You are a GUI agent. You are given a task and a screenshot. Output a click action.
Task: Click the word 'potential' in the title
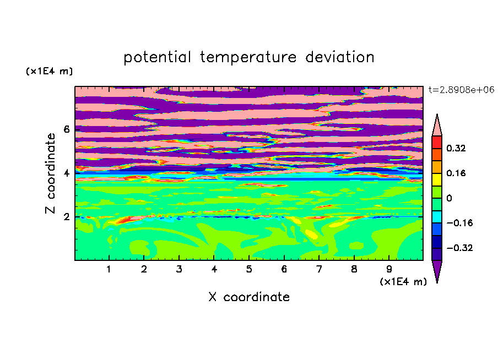click(x=157, y=57)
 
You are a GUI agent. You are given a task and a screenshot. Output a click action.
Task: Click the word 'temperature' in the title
click(x=248, y=57)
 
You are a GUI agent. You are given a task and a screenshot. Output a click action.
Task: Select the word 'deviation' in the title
click(x=340, y=57)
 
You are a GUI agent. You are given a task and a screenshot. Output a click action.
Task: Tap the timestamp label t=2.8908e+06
click(x=462, y=90)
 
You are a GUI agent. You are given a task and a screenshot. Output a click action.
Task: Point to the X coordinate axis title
click(x=249, y=297)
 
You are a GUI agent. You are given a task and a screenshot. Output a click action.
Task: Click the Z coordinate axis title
click(x=50, y=173)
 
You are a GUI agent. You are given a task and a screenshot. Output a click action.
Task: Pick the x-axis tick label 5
click(x=249, y=269)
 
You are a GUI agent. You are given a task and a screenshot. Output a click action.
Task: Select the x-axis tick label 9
click(x=389, y=269)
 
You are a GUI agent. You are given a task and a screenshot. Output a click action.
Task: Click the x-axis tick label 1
click(x=109, y=269)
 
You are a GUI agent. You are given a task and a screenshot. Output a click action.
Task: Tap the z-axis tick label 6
click(x=66, y=129)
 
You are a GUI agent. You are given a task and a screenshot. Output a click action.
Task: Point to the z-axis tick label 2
click(x=66, y=217)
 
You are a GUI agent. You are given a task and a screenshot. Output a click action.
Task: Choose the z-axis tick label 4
click(x=66, y=173)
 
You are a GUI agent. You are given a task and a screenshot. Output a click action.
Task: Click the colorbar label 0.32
click(x=456, y=148)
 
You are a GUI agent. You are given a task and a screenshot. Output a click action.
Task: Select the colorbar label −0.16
click(x=459, y=223)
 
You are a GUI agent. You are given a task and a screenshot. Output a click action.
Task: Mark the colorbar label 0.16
click(x=456, y=173)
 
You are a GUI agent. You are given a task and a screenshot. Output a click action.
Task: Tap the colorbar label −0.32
click(x=459, y=248)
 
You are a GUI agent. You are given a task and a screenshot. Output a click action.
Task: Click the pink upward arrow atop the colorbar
click(x=437, y=127)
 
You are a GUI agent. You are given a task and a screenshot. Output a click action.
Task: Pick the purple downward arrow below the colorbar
click(x=437, y=270)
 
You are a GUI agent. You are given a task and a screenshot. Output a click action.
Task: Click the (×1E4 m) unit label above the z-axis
click(x=49, y=72)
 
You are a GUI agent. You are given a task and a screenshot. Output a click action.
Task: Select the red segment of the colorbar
click(x=437, y=142)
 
